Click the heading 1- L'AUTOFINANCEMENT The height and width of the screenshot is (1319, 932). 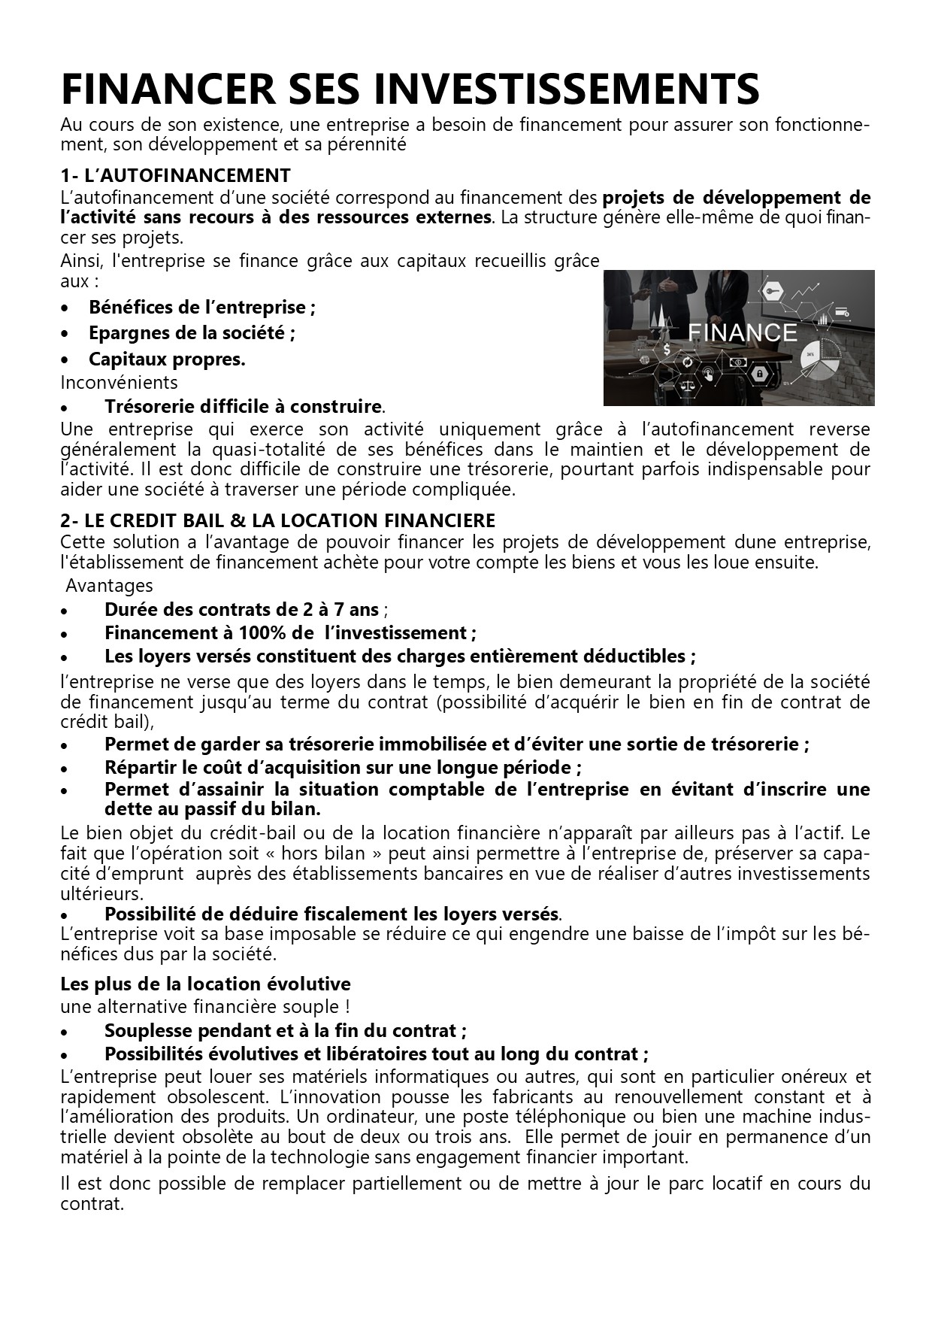[x=175, y=176]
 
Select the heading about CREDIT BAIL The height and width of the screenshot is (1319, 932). [x=277, y=520]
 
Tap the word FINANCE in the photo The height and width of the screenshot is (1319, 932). [x=742, y=332]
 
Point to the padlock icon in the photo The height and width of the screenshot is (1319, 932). [x=760, y=374]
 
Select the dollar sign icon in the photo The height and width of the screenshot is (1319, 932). [x=667, y=349]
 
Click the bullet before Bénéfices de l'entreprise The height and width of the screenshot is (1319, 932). [x=66, y=308]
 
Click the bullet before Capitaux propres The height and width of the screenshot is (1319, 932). [x=66, y=360]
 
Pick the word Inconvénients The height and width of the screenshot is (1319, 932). [x=119, y=383]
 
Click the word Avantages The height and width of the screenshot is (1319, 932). [x=109, y=586]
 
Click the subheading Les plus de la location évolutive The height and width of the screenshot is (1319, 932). [x=205, y=984]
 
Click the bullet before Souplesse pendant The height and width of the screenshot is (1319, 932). [x=66, y=1032]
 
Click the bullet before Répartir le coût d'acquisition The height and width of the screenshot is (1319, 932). [x=66, y=769]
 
